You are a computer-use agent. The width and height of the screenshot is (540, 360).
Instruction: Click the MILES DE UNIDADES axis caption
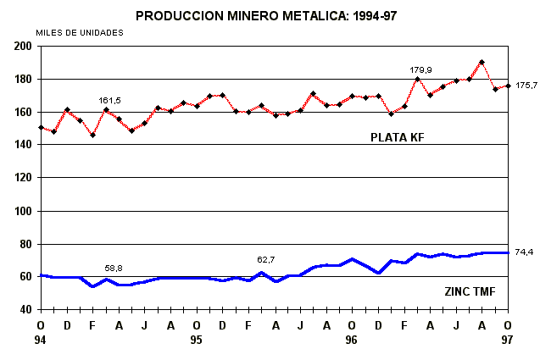(x=80, y=32)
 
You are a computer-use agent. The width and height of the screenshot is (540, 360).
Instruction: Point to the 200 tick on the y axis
(x=23, y=46)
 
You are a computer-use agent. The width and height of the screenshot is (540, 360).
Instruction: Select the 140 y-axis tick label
(x=23, y=145)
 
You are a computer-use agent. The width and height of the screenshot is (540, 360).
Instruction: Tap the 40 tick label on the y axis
(x=25, y=310)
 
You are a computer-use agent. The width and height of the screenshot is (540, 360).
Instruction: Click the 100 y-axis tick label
(x=23, y=211)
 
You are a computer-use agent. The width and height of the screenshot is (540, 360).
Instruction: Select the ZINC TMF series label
(x=470, y=292)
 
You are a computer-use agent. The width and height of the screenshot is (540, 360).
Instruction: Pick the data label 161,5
(x=110, y=100)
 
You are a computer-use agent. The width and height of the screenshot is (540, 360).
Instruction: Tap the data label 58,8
(x=113, y=268)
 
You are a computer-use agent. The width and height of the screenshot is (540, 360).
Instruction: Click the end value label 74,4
(x=524, y=252)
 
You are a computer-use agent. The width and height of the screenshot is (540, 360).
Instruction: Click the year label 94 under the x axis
(x=41, y=340)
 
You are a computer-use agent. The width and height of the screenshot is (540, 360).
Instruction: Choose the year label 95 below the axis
(x=197, y=340)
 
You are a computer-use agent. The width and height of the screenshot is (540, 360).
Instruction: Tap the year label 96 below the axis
(x=352, y=340)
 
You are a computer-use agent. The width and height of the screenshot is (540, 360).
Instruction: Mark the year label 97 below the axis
(x=508, y=340)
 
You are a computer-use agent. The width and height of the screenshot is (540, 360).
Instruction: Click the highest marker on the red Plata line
(x=482, y=62)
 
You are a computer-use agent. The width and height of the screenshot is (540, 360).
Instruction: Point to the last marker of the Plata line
(x=508, y=85)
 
